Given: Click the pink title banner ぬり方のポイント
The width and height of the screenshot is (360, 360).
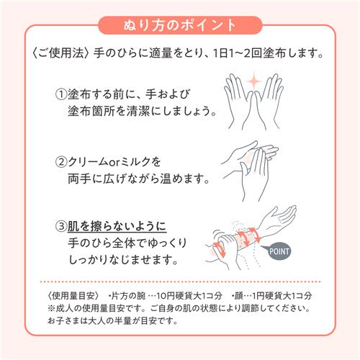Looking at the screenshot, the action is click(180, 25).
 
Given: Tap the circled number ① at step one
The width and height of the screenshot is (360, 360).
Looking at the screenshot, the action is click(61, 94).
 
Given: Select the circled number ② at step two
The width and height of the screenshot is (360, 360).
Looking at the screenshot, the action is click(61, 162).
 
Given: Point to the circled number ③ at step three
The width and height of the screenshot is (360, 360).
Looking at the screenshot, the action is click(61, 226).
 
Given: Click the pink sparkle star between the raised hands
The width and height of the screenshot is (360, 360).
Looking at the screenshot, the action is click(254, 81).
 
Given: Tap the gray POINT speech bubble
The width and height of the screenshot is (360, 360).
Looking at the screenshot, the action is click(278, 251).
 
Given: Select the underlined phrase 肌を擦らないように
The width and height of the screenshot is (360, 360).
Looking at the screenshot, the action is click(117, 226).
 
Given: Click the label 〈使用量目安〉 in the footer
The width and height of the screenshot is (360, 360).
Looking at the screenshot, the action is click(73, 296).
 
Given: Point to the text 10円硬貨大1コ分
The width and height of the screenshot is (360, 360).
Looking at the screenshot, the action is click(189, 296).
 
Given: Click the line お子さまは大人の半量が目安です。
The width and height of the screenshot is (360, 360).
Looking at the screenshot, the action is click(112, 320).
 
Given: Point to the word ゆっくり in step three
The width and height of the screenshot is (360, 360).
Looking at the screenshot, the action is click(167, 243).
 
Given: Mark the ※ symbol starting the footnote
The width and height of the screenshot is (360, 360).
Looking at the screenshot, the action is click(51, 308).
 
